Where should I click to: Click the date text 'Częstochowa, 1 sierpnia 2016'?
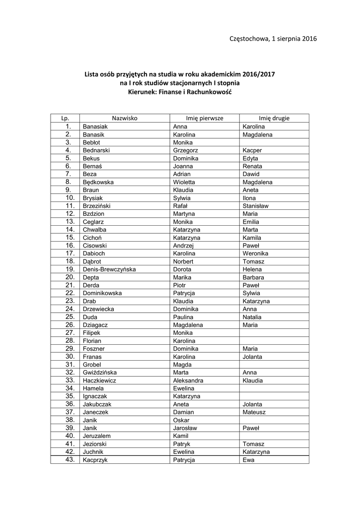274,38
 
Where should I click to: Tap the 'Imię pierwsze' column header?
205,118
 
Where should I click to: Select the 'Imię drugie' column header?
274,118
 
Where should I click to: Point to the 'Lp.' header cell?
65,118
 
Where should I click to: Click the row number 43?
70,460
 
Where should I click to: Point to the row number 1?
70,127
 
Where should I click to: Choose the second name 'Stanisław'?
256,206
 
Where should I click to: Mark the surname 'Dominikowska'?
102,293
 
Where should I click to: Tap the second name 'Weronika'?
256,254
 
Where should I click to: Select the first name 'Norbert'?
183,261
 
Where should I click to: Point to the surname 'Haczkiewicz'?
99,381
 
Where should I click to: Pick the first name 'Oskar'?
181,420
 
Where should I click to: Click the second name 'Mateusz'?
255,412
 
